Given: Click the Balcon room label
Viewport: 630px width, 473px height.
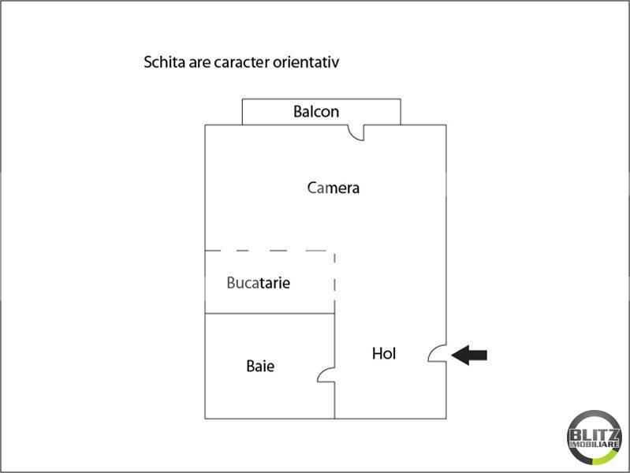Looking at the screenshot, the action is [x=316, y=111].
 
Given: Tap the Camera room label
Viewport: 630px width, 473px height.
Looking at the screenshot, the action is [x=333, y=188].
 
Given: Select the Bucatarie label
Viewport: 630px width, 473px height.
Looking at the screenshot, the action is [x=259, y=282].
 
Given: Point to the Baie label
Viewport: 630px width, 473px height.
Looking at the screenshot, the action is [x=260, y=366].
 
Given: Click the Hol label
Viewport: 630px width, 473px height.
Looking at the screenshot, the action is [x=384, y=354].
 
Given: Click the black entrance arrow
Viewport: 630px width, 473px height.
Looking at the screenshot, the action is [x=469, y=355].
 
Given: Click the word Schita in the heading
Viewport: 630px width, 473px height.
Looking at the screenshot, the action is [x=164, y=62].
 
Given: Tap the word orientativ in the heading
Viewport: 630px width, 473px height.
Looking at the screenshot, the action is [x=306, y=62].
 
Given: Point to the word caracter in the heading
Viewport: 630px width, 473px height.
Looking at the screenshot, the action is [x=241, y=62].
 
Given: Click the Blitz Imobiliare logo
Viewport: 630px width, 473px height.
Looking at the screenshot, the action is [x=595, y=438].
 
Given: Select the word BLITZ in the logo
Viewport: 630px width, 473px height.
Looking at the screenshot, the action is [x=595, y=434].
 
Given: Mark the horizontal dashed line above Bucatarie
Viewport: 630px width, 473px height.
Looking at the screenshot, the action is [x=266, y=251].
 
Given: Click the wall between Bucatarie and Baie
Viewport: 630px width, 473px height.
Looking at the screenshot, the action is [x=270, y=314].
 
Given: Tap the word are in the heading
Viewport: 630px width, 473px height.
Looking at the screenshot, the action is [x=199, y=63].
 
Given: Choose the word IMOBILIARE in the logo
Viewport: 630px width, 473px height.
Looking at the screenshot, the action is [x=595, y=444].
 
